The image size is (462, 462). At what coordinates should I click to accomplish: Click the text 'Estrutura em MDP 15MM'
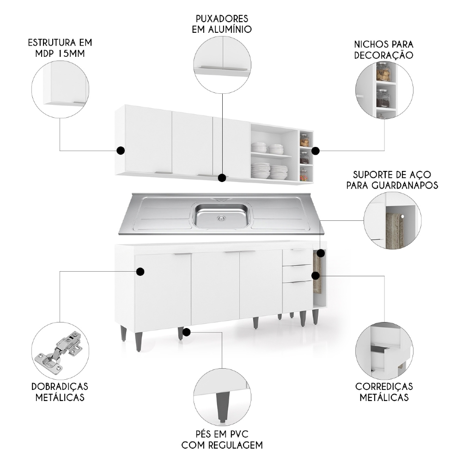60,48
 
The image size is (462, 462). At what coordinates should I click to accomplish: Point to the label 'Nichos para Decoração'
383,49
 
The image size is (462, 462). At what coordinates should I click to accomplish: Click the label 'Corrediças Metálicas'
383,392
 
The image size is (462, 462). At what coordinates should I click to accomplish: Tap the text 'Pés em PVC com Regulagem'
222,440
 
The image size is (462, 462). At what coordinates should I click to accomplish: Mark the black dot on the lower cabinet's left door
140,272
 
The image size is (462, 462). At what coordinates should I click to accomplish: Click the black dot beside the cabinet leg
187,332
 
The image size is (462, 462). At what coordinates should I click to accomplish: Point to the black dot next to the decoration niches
316,151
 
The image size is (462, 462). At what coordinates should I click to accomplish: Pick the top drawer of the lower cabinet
297,257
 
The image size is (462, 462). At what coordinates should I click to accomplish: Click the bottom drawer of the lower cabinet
297,296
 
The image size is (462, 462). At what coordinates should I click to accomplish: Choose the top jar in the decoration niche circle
383,72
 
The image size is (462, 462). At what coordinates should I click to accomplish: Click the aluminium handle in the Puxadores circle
222,69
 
